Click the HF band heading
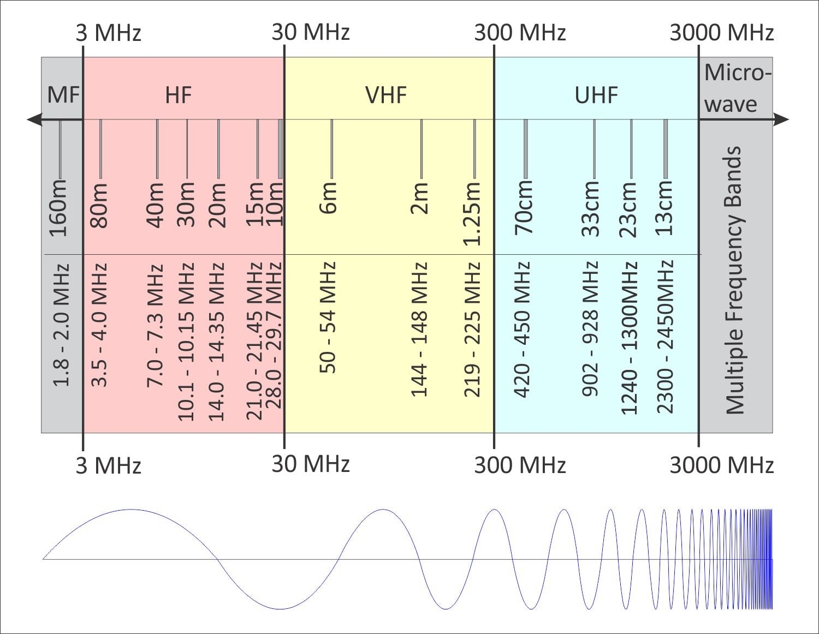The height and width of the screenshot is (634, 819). click(x=179, y=95)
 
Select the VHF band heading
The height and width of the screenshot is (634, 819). click(x=386, y=95)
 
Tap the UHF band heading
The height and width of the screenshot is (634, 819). click(x=596, y=95)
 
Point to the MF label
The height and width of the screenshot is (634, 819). click(x=63, y=95)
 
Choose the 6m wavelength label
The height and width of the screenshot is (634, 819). click(x=329, y=198)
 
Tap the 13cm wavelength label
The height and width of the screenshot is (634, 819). click(x=664, y=208)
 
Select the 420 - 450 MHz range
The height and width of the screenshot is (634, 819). click(x=523, y=330)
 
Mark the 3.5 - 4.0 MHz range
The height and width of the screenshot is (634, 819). click(x=99, y=325)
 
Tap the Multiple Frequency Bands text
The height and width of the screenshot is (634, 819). click(x=734, y=280)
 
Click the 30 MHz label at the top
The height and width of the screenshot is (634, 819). click(x=310, y=32)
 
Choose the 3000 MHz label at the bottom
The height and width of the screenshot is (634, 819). click(x=721, y=465)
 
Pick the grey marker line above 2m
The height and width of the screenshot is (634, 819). click(x=421, y=148)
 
